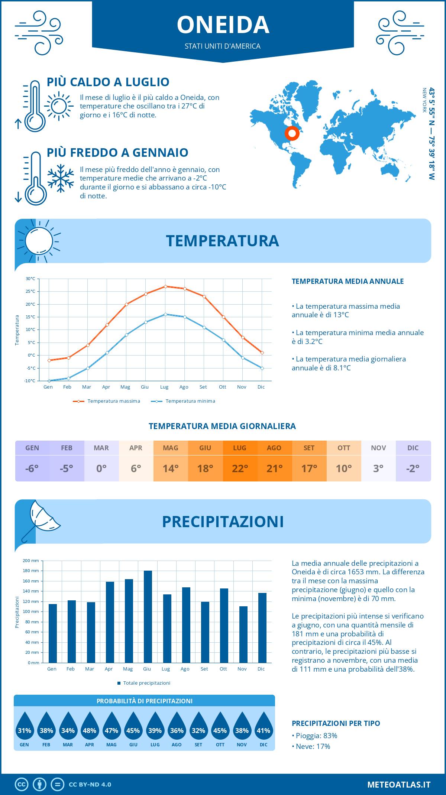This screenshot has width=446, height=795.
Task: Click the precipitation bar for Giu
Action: coord(148,617)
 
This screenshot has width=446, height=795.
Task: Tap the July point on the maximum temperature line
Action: coord(165,286)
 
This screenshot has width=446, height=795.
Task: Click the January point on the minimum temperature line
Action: coord(49,381)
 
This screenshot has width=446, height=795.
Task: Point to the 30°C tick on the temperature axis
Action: coord(30,279)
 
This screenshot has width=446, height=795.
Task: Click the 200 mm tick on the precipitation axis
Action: coord(31,561)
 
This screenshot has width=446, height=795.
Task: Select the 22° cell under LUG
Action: coord(240,468)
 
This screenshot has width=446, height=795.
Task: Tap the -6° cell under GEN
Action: coord(32,468)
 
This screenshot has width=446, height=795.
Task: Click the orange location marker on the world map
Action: coord(292,133)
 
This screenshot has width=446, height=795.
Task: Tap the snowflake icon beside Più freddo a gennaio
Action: coord(61,178)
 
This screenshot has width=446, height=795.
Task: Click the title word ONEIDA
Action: coord(223,25)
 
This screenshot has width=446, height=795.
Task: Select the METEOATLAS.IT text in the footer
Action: coord(399,785)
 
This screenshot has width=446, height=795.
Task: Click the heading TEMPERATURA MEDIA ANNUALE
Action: coord(348,281)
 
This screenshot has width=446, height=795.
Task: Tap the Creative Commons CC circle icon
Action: coord(22,785)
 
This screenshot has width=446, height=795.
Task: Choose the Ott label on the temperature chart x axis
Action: coord(222,387)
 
